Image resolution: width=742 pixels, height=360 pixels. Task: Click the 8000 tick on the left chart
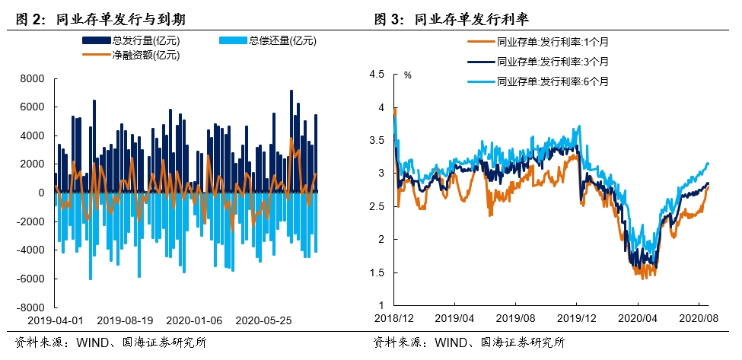pyautogui.click(x=31, y=78)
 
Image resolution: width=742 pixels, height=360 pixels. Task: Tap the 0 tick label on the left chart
pyautogui.click(x=41, y=193)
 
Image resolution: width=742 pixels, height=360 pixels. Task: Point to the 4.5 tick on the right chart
pyautogui.click(x=377, y=75)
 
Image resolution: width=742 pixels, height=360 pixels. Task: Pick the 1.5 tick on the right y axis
pyautogui.click(x=377, y=272)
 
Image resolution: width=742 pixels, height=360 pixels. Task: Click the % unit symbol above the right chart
pyautogui.click(x=407, y=75)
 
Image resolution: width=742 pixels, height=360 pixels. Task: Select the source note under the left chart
pyautogui.click(x=110, y=342)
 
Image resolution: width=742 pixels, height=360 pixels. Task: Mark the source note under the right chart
pyautogui.click(x=469, y=342)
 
